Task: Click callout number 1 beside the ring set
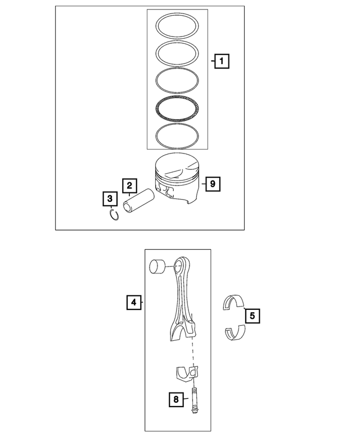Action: pos(222,60)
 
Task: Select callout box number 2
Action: pos(129,185)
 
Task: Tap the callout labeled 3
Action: pos(110,199)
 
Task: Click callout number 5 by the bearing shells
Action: pos(252,316)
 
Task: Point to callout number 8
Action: pos(177,399)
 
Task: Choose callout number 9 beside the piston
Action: pos(212,183)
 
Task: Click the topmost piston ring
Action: pos(178,16)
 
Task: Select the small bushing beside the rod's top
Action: pos(157,266)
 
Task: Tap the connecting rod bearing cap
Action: pos(187,375)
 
